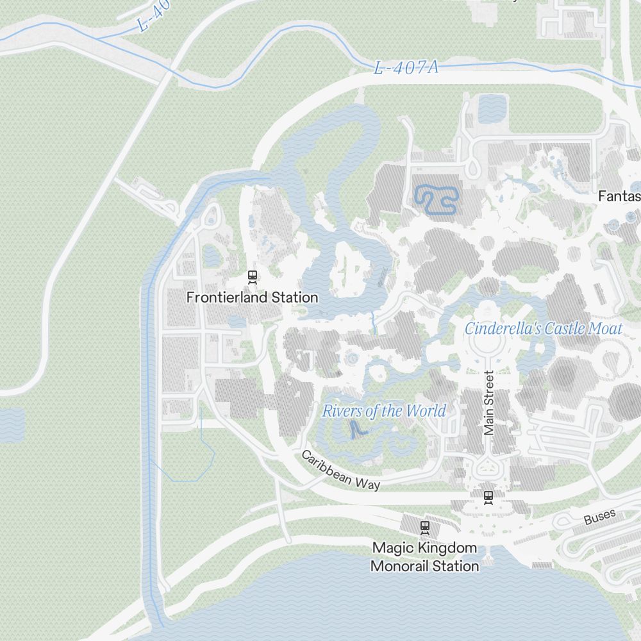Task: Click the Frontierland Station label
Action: point(252,297)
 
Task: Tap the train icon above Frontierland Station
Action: point(253,277)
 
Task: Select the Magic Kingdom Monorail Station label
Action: point(425,557)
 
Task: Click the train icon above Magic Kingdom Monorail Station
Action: point(424,528)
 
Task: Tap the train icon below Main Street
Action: point(488,495)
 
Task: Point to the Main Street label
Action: point(490,403)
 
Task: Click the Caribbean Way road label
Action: point(341,470)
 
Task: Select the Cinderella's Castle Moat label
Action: point(544,329)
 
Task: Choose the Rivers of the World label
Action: point(383,411)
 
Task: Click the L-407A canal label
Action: point(406,67)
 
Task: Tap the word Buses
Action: point(600,517)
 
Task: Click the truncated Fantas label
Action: point(619,196)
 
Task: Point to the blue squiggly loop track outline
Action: point(437,199)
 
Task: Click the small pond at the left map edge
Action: point(12,425)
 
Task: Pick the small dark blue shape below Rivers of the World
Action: point(354,430)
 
